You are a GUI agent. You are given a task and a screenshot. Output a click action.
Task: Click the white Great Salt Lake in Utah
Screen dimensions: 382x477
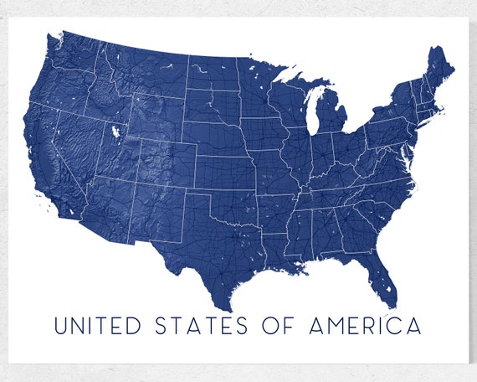tap(113, 132)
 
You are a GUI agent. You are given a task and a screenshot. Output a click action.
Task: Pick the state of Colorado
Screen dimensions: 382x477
tap(162, 163)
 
